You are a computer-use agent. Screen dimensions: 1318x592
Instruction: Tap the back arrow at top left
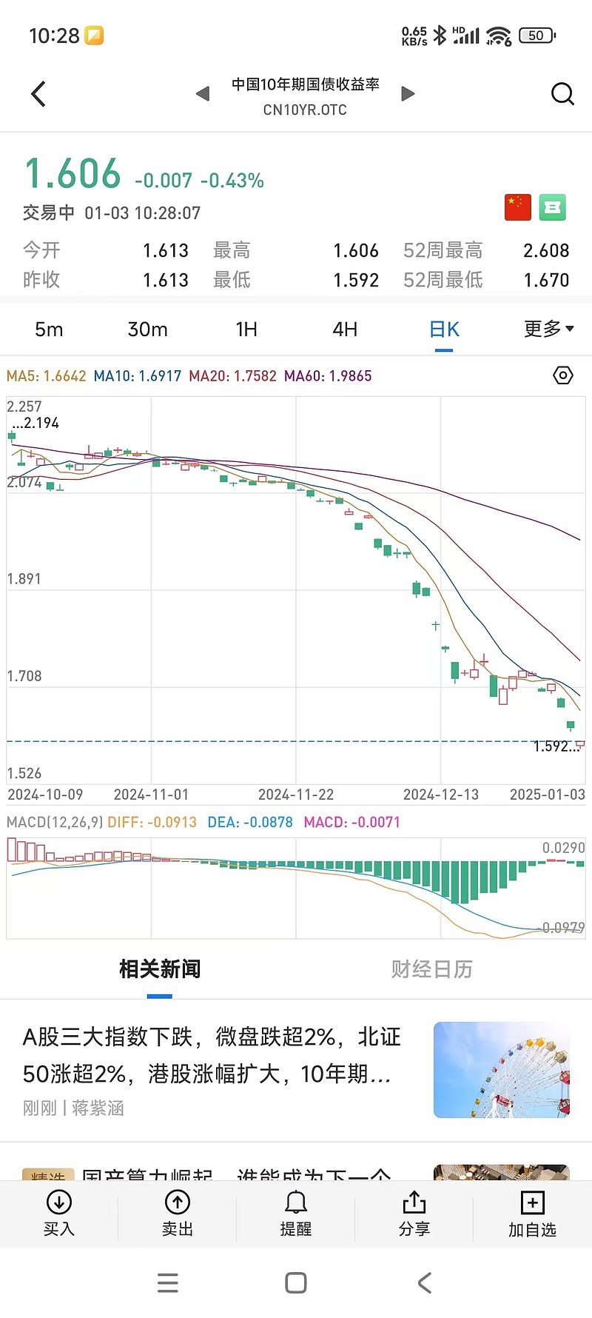pos(38,94)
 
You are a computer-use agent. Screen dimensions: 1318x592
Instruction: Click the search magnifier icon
pos(562,94)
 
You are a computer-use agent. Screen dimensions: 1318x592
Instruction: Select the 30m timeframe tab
pos(147,329)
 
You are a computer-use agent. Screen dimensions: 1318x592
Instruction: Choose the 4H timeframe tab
pos(345,329)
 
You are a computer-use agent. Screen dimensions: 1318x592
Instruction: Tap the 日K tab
pos(444,329)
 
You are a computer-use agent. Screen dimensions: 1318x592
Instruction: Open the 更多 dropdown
pos(548,329)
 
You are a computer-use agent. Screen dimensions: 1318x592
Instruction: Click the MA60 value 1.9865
pos(349,376)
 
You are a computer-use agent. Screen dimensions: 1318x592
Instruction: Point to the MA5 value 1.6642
pos(65,376)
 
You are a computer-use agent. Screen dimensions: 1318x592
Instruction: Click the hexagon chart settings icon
pos(563,375)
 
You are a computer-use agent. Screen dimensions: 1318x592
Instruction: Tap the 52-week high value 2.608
pos(546,251)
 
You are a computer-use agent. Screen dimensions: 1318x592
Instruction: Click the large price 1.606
pos(73,175)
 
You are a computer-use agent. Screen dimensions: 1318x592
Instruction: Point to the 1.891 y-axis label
pos(24,579)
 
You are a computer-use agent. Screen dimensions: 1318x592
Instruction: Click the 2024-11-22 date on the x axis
pos(296,795)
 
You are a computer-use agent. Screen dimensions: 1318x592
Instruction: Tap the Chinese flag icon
pos(518,207)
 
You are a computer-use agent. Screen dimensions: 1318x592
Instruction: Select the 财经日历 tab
pos(431,969)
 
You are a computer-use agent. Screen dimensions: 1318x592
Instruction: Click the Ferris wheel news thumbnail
pos(502,1069)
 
